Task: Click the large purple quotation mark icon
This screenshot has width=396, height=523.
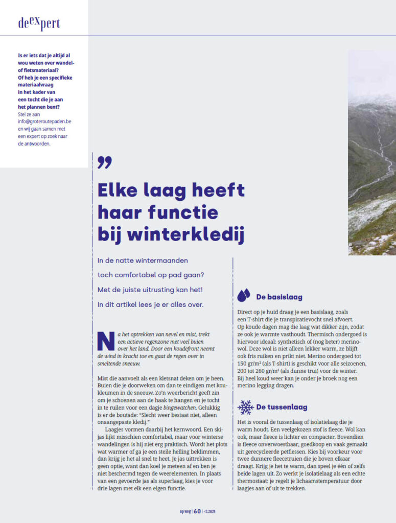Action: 104,163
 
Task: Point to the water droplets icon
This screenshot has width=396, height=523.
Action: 244,296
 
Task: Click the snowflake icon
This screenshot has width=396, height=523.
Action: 246,407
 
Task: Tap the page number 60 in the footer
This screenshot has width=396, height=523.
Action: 197,511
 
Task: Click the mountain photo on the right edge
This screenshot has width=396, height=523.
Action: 372,153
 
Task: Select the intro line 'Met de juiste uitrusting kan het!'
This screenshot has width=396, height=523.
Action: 150,290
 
